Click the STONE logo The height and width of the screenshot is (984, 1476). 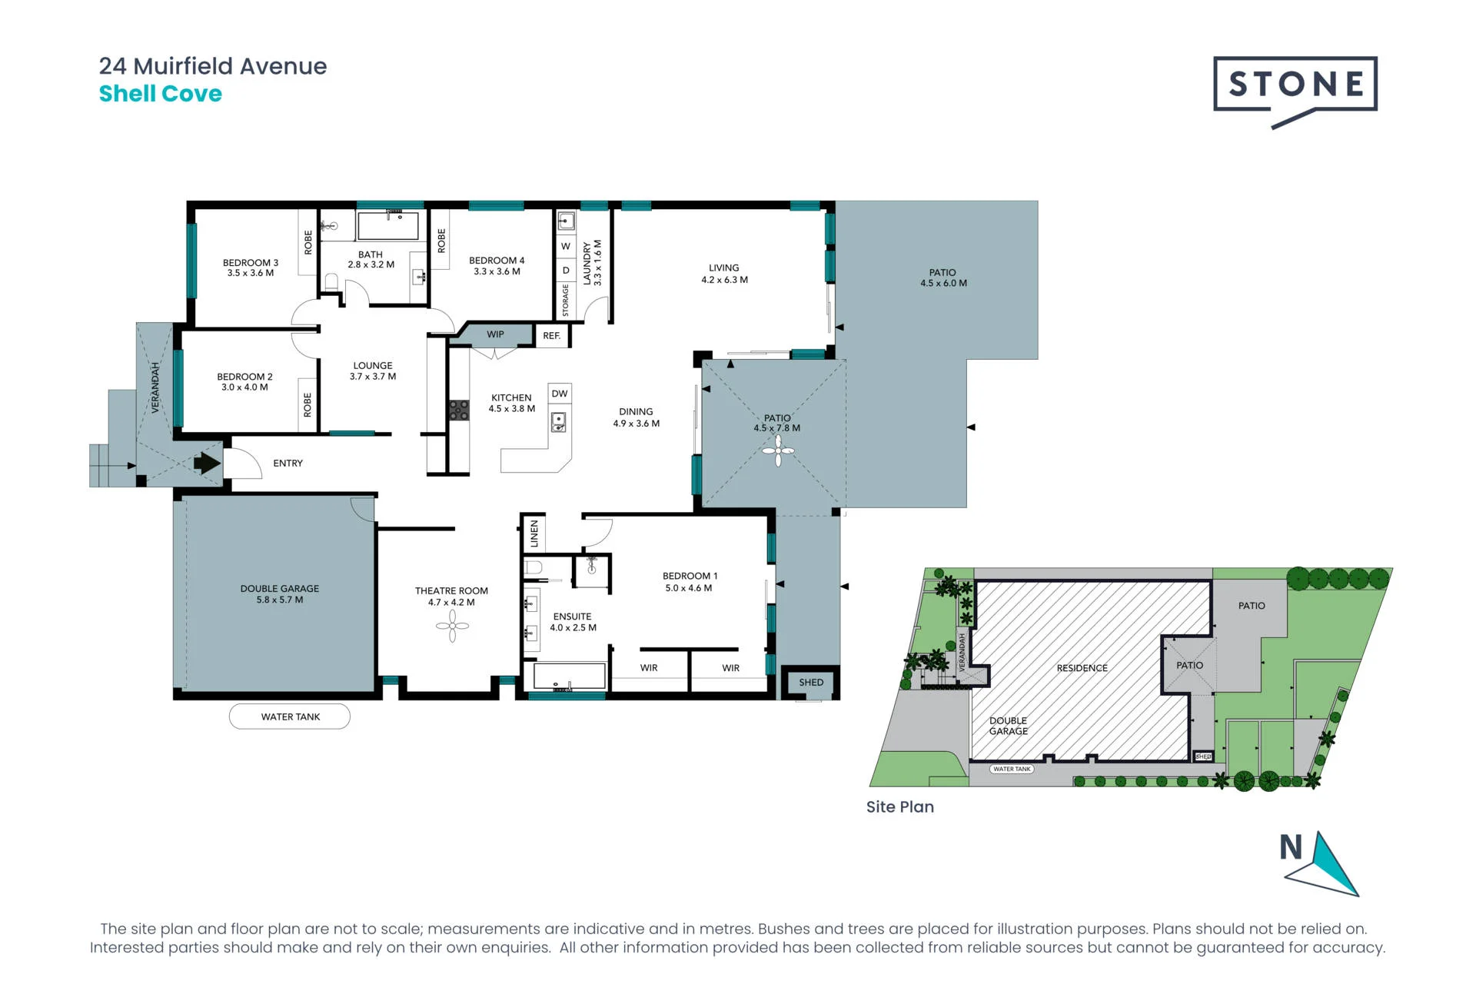(1295, 91)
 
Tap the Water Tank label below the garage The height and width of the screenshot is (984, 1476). (290, 716)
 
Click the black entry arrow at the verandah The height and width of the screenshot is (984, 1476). (207, 463)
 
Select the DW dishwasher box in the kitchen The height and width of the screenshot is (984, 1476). (560, 394)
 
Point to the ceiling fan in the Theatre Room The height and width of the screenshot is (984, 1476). (452, 626)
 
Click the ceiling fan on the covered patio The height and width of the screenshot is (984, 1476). (778, 450)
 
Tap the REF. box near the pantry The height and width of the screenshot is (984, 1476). (552, 336)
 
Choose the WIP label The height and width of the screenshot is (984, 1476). (495, 334)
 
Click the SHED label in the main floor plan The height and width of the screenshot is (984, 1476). (811, 682)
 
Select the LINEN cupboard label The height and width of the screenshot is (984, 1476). (534, 534)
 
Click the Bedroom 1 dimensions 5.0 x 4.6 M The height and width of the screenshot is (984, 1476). (689, 588)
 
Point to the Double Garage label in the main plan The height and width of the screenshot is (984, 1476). (280, 589)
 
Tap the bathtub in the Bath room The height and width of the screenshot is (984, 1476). (388, 225)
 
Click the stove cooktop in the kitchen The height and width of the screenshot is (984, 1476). (459, 410)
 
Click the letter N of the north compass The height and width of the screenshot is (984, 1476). (1291, 847)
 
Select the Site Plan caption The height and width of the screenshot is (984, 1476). (900, 806)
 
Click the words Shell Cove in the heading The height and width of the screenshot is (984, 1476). (161, 94)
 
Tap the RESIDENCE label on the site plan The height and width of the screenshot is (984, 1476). (1082, 668)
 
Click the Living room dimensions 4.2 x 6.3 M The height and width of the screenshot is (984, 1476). (724, 280)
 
